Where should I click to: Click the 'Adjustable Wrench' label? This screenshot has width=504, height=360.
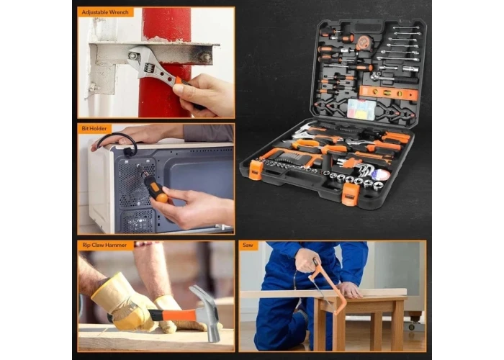(x=105, y=12)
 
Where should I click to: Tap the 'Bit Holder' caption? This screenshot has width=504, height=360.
(x=94, y=129)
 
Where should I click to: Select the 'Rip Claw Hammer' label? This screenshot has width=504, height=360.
(x=104, y=246)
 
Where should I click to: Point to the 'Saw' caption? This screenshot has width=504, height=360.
(x=248, y=246)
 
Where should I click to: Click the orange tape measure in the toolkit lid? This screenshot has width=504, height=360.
(x=363, y=42)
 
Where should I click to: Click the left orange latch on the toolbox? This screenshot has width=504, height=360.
(x=256, y=170)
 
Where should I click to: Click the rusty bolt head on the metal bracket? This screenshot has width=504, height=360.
(x=205, y=58)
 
